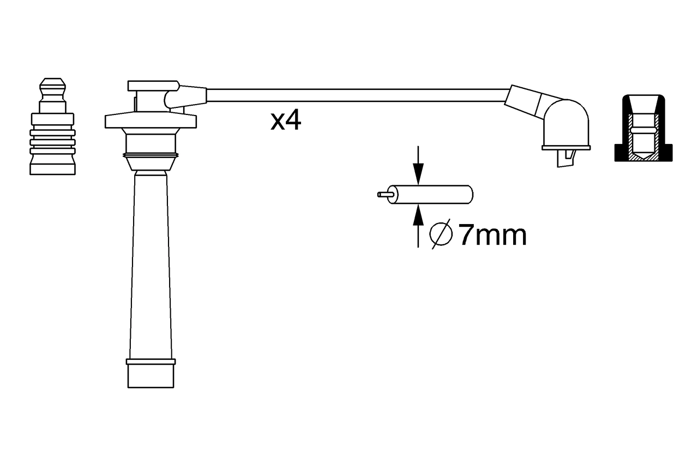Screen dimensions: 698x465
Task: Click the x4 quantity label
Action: [x=286, y=120]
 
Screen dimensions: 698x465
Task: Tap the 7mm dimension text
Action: [x=493, y=235]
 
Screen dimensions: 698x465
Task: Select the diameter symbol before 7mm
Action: [x=441, y=234]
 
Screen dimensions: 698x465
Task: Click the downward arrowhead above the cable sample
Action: [x=418, y=174]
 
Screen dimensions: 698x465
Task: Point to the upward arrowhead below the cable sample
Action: [x=418, y=215]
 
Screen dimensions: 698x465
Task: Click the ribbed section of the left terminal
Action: [x=53, y=142]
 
